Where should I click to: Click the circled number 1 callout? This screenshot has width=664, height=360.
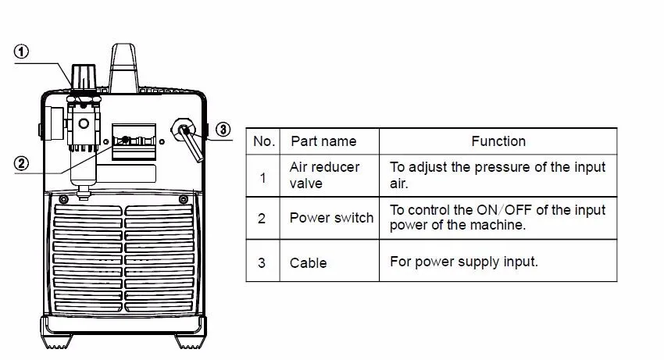tap(23, 52)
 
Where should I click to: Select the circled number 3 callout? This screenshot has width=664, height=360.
tap(223, 129)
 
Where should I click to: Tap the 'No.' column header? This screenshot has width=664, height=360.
tap(264, 141)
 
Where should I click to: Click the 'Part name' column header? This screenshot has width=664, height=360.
tap(323, 141)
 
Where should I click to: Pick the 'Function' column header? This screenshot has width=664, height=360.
tap(498, 141)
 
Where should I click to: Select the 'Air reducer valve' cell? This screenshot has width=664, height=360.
tap(324, 176)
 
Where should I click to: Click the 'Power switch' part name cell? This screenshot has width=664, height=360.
tap(331, 218)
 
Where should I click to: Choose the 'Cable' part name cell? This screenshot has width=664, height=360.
tap(308, 262)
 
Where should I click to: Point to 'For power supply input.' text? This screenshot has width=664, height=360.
tap(464, 262)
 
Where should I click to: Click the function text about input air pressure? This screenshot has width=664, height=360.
tap(498, 176)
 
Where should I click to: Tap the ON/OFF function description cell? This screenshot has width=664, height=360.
tap(498, 218)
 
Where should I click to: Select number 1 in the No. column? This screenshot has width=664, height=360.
tap(262, 177)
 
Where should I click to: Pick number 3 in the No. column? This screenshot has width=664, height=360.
tap(262, 262)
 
